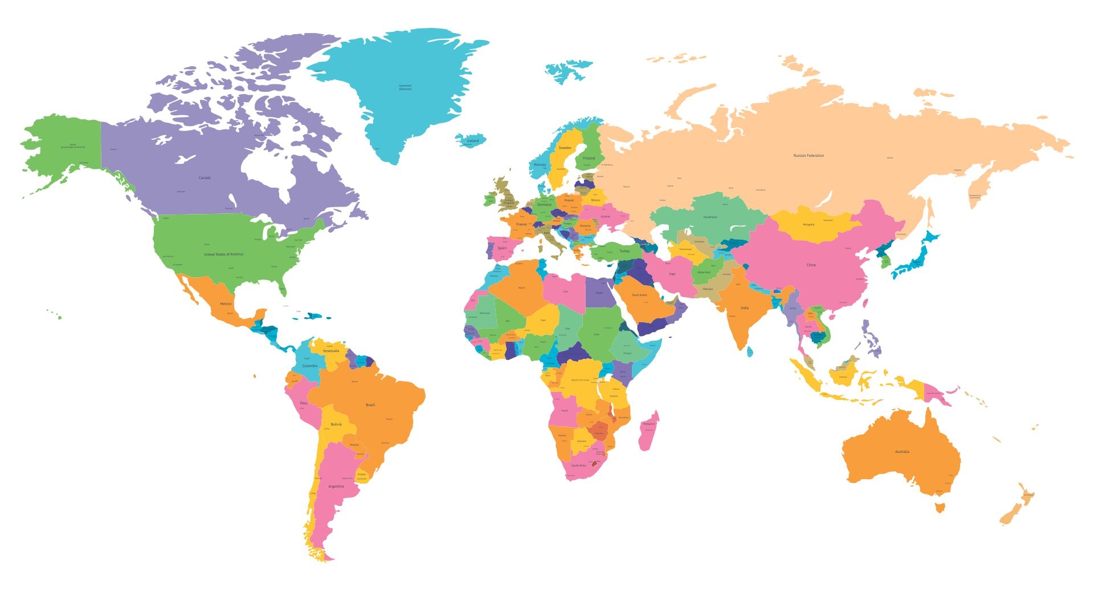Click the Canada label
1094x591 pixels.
tap(205, 178)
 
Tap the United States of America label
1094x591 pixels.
tap(223, 254)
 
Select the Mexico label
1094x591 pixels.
tap(226, 304)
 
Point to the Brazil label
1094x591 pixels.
tap(370, 405)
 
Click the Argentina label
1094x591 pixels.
tap(336, 487)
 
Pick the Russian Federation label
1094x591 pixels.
tap(809, 156)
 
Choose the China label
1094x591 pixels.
tap(811, 265)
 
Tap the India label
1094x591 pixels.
tap(745, 308)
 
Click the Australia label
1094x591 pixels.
tap(902, 452)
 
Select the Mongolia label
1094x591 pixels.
tap(809, 225)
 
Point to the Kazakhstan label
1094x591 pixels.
tap(710, 217)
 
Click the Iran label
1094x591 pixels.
tap(672, 274)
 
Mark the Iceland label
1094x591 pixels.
tap(473, 141)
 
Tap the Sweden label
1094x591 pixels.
tap(565, 148)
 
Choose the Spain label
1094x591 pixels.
tap(502, 248)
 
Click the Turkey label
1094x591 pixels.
tap(624, 251)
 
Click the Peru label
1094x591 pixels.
tap(304, 403)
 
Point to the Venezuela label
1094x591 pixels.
tap(331, 351)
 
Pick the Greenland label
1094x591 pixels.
tap(405, 87)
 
